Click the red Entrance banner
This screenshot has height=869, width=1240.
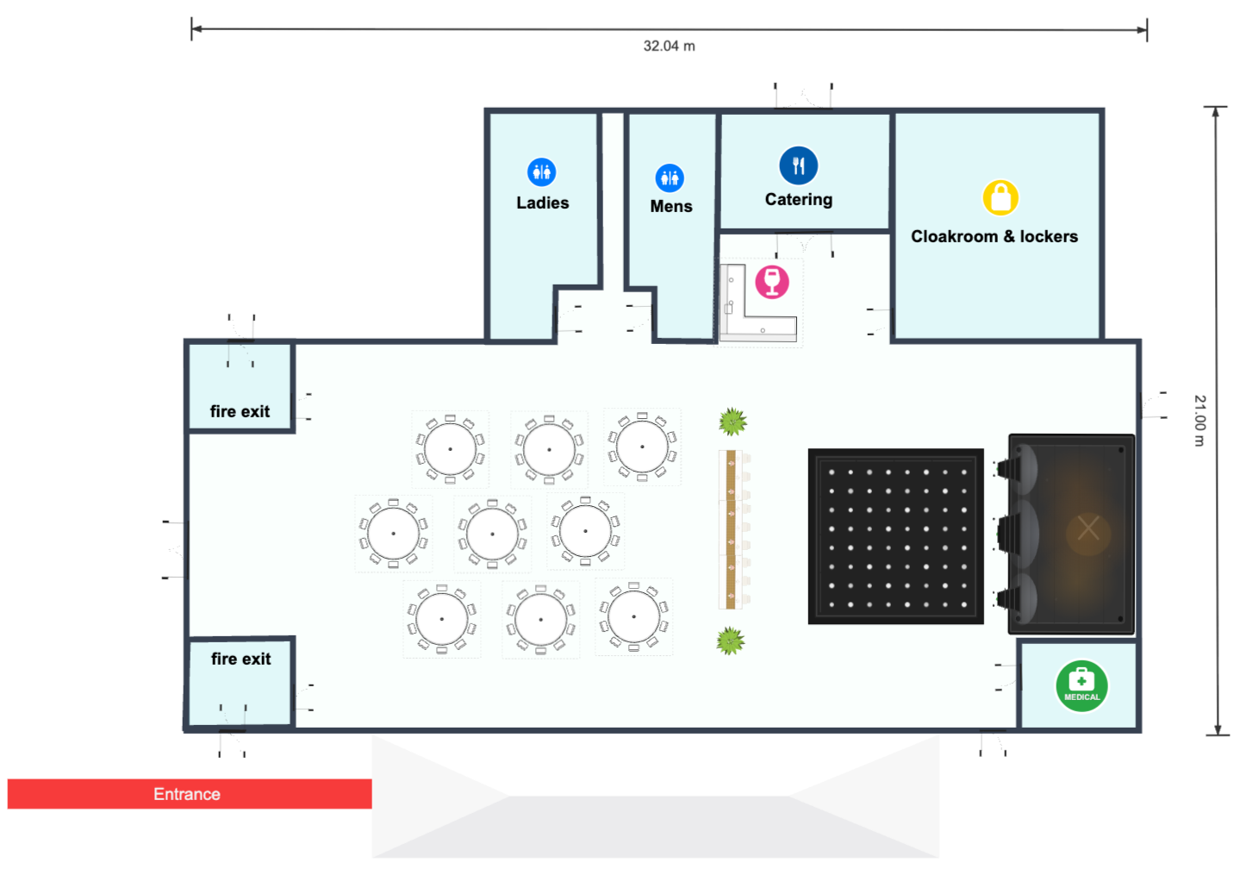point(190,794)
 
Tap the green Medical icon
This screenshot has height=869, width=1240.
point(1081,685)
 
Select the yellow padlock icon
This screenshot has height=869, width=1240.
point(1000,197)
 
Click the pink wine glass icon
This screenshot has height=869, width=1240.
point(772,282)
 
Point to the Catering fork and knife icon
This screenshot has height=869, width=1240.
point(798,166)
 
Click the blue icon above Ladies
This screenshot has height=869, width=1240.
point(541,172)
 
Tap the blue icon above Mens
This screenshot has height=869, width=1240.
point(670,178)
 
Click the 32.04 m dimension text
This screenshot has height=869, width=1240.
point(669,46)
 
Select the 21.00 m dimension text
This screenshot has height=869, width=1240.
point(1199,421)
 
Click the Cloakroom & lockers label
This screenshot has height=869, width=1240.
point(994,236)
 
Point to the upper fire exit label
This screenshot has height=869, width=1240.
point(240,411)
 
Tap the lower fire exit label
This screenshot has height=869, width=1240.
point(240,659)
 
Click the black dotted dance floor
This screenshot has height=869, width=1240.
point(895,536)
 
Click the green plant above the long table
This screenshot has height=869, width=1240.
point(732,422)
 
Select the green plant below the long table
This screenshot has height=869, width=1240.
point(731,641)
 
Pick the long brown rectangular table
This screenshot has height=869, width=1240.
point(731,529)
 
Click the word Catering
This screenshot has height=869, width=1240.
point(798,199)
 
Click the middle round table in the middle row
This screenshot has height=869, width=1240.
point(492,534)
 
